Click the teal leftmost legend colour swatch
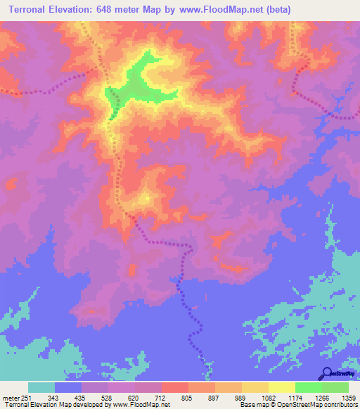tap(41, 387)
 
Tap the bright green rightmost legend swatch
tap(335, 387)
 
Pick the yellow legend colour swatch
tap(282, 387)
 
